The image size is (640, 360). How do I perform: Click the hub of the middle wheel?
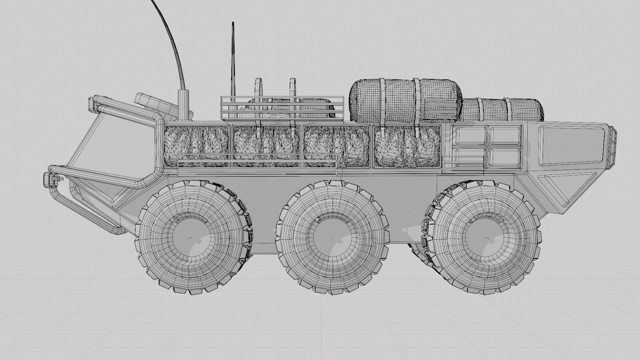tap(333, 238)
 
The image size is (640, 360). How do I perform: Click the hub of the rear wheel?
tap(484, 238)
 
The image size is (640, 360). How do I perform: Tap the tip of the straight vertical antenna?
tap(233, 23)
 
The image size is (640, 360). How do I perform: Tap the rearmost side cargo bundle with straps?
tap(407, 147)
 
